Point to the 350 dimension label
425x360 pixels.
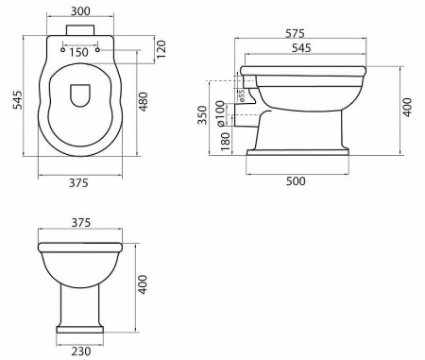(x=202, y=115)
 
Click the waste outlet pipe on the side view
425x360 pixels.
(x=244, y=119)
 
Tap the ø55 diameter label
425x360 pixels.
(x=241, y=94)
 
